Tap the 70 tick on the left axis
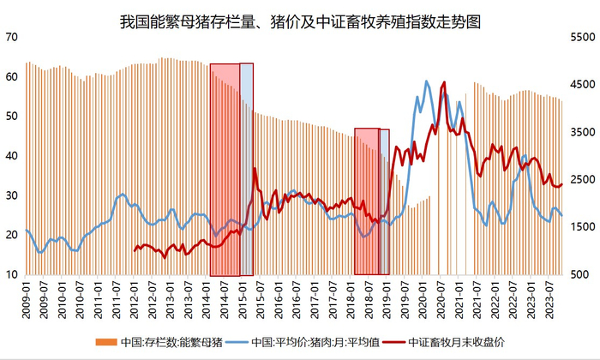(x=11, y=37)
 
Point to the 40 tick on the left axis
(x=11, y=155)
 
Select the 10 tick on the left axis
(x=11, y=274)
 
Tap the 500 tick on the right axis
(x=581, y=274)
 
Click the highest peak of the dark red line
(x=443, y=83)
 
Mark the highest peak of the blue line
(x=428, y=81)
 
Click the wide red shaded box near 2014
(x=224, y=170)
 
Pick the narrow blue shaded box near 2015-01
(x=246, y=170)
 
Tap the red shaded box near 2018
(x=367, y=202)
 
